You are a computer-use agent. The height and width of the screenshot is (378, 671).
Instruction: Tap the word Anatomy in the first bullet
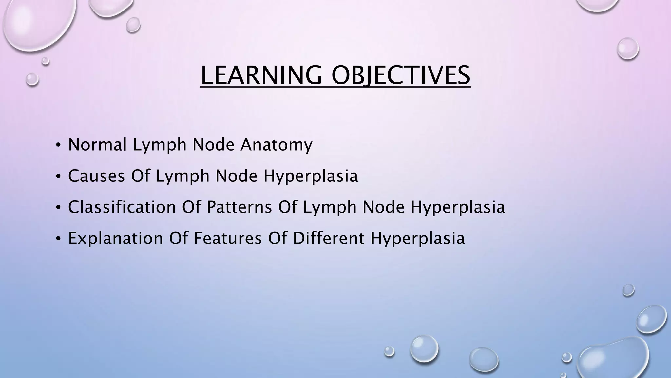tap(276, 145)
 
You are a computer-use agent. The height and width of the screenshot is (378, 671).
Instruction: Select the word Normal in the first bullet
tap(97, 145)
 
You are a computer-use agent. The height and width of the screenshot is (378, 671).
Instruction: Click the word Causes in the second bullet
tap(96, 176)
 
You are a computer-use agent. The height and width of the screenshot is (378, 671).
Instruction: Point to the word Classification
tap(122, 207)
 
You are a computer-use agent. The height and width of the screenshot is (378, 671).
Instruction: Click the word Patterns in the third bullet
tap(239, 207)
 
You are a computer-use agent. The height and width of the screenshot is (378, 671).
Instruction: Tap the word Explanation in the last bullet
tap(115, 238)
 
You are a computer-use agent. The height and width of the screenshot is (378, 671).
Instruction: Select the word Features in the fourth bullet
tap(228, 238)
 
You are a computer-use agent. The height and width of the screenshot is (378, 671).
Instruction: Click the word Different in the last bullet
tap(328, 238)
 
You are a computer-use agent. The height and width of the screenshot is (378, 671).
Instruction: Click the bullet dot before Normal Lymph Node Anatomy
tap(58, 145)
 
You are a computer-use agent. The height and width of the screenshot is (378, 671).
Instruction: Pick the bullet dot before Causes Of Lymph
tap(58, 177)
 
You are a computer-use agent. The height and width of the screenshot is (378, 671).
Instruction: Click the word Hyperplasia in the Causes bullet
tap(311, 177)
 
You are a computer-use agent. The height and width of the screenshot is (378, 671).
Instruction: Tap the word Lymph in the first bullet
tap(160, 145)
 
